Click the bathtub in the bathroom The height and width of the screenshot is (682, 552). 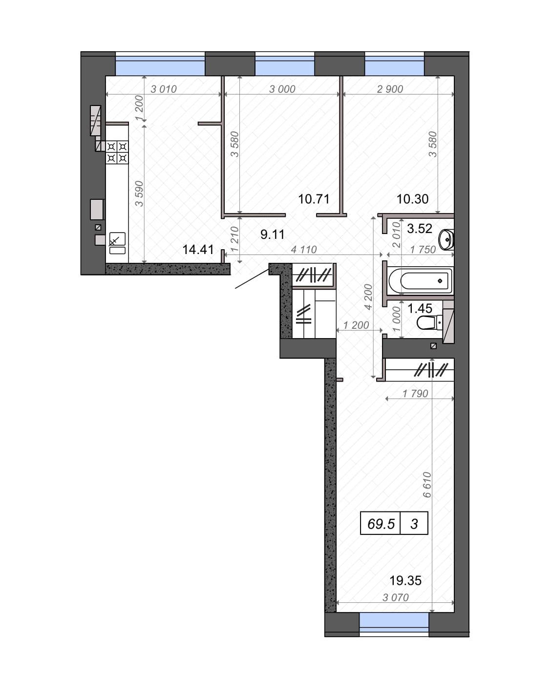point(420,280)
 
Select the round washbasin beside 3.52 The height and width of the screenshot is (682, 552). point(446,239)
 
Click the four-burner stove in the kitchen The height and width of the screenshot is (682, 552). point(117,152)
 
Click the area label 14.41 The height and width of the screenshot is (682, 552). point(198,250)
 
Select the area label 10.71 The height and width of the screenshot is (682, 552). point(314,199)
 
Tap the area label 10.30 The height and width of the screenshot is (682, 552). point(412,199)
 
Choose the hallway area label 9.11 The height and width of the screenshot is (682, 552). point(273,234)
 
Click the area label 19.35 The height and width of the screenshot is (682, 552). point(405,580)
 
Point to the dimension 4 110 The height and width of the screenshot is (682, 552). point(304,250)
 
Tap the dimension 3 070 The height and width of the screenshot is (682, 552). point(396,597)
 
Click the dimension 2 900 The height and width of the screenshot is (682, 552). point(390,89)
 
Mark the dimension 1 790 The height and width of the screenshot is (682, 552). point(415,393)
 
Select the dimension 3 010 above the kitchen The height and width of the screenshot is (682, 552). point(164,89)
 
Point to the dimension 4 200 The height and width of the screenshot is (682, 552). point(368,297)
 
